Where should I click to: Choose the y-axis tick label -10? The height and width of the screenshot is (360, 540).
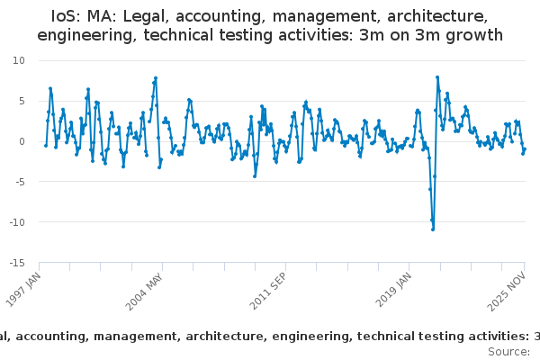[17, 222]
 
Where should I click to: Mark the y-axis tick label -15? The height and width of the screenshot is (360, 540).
[17, 263]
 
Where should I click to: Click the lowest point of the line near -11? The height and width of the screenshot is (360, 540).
[433, 229]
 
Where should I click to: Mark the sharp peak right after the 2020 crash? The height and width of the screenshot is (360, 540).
[437, 77]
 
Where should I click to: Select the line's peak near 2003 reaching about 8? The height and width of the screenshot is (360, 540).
[156, 78]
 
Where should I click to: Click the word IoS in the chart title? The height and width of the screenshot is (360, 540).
[67, 16]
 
